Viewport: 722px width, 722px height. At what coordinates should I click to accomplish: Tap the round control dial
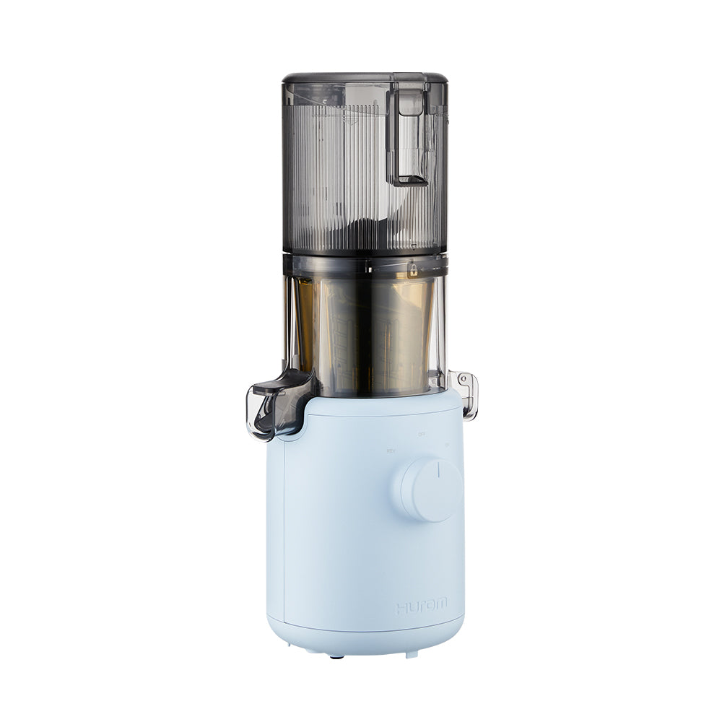pyautogui.click(x=432, y=489)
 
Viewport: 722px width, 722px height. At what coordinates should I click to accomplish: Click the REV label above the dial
pyautogui.click(x=391, y=451)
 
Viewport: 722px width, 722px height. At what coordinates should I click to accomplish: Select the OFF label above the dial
pyautogui.click(x=422, y=435)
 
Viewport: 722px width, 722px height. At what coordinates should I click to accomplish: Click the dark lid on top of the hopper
pyautogui.click(x=365, y=78)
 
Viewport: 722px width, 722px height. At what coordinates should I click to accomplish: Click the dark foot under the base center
pyautogui.click(x=335, y=656)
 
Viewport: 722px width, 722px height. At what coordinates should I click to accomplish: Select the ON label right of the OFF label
pyautogui.click(x=448, y=445)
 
